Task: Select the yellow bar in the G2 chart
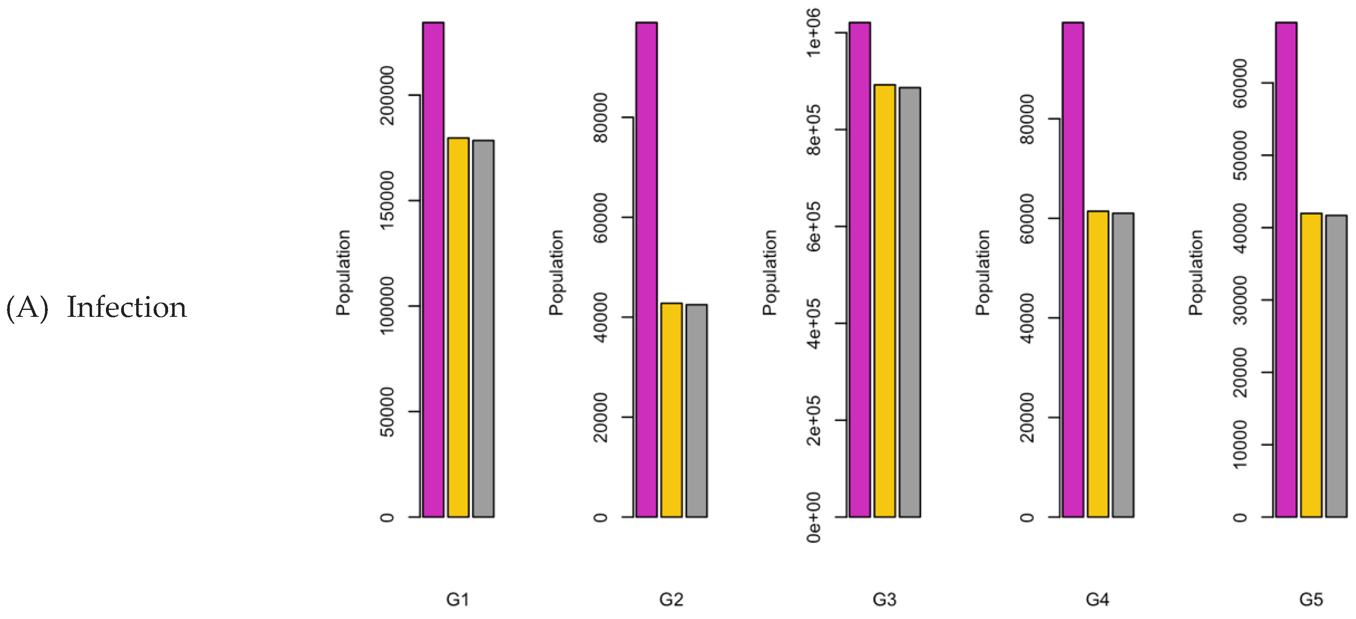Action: pos(671,410)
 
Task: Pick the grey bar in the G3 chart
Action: pos(910,302)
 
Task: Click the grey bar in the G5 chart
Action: pos(1336,366)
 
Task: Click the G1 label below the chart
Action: pos(457,599)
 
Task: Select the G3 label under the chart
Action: pos(884,599)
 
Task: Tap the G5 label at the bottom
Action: pos(1311,599)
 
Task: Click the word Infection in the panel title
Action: pos(126,308)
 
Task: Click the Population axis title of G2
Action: pos(556,273)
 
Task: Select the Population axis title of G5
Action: pos(1196,273)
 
